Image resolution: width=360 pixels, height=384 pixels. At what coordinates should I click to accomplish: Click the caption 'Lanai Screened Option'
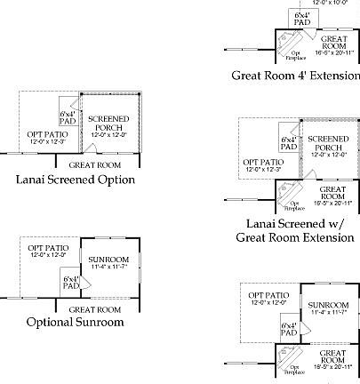76,179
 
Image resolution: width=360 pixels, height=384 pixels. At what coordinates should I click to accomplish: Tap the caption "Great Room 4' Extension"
295,76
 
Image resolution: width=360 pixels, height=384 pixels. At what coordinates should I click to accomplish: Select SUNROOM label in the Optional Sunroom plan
108,260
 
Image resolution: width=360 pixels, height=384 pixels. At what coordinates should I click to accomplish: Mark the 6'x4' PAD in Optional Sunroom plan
70,284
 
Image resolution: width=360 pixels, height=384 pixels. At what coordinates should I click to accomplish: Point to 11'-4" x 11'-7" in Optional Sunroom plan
108,268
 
